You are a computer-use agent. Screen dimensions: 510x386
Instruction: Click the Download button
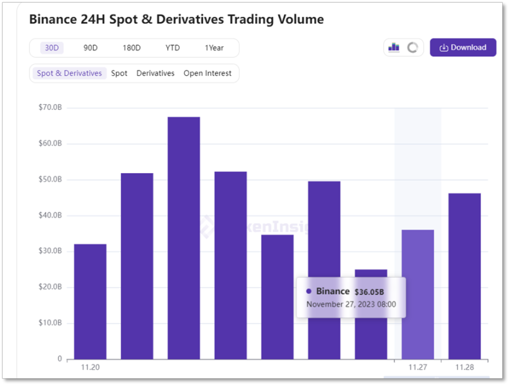point(463,48)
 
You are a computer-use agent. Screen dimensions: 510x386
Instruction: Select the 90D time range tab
point(91,48)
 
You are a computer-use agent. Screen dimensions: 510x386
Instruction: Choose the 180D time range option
point(132,48)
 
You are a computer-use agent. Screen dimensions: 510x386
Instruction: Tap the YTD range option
point(172,48)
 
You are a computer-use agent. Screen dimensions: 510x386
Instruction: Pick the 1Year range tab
point(214,48)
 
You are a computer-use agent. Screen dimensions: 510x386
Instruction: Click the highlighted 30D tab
point(52,48)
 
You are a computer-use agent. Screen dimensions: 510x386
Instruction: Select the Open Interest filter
point(207,73)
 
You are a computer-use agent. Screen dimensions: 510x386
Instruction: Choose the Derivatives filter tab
point(155,73)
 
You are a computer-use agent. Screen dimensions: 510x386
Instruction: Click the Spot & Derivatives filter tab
point(69,73)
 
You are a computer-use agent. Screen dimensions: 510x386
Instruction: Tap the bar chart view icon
point(394,48)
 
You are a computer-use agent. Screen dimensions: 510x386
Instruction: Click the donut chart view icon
point(413,48)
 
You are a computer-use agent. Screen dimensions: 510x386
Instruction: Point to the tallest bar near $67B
point(184,238)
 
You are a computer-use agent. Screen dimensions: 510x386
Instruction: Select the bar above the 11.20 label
point(90,302)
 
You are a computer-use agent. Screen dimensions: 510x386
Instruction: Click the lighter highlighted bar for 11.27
point(418,295)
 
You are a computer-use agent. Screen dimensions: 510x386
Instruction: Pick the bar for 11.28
point(464,276)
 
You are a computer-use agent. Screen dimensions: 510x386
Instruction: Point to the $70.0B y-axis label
point(50,107)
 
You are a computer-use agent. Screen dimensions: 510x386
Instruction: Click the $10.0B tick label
point(50,323)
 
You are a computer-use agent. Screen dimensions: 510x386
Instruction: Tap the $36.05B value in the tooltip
point(369,292)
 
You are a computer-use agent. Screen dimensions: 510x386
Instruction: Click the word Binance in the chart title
point(52,19)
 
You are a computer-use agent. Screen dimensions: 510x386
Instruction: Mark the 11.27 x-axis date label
point(418,367)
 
